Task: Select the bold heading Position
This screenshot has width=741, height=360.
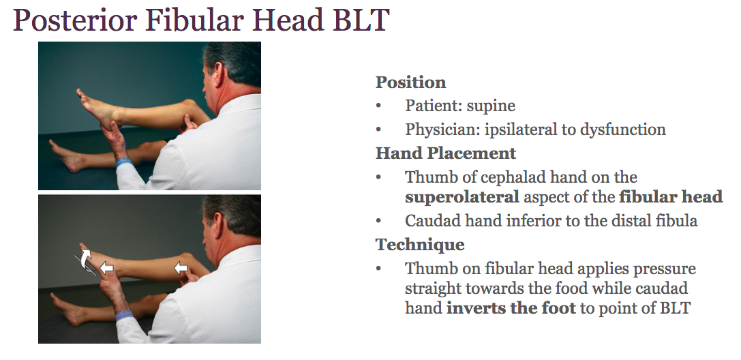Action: point(410,82)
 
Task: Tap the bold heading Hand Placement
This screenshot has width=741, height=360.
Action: point(446,153)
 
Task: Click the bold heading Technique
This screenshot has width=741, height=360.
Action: point(420,244)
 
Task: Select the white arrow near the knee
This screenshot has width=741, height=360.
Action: point(181,269)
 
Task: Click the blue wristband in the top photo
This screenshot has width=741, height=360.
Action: point(123,163)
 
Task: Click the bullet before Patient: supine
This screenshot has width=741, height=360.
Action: point(379,107)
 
